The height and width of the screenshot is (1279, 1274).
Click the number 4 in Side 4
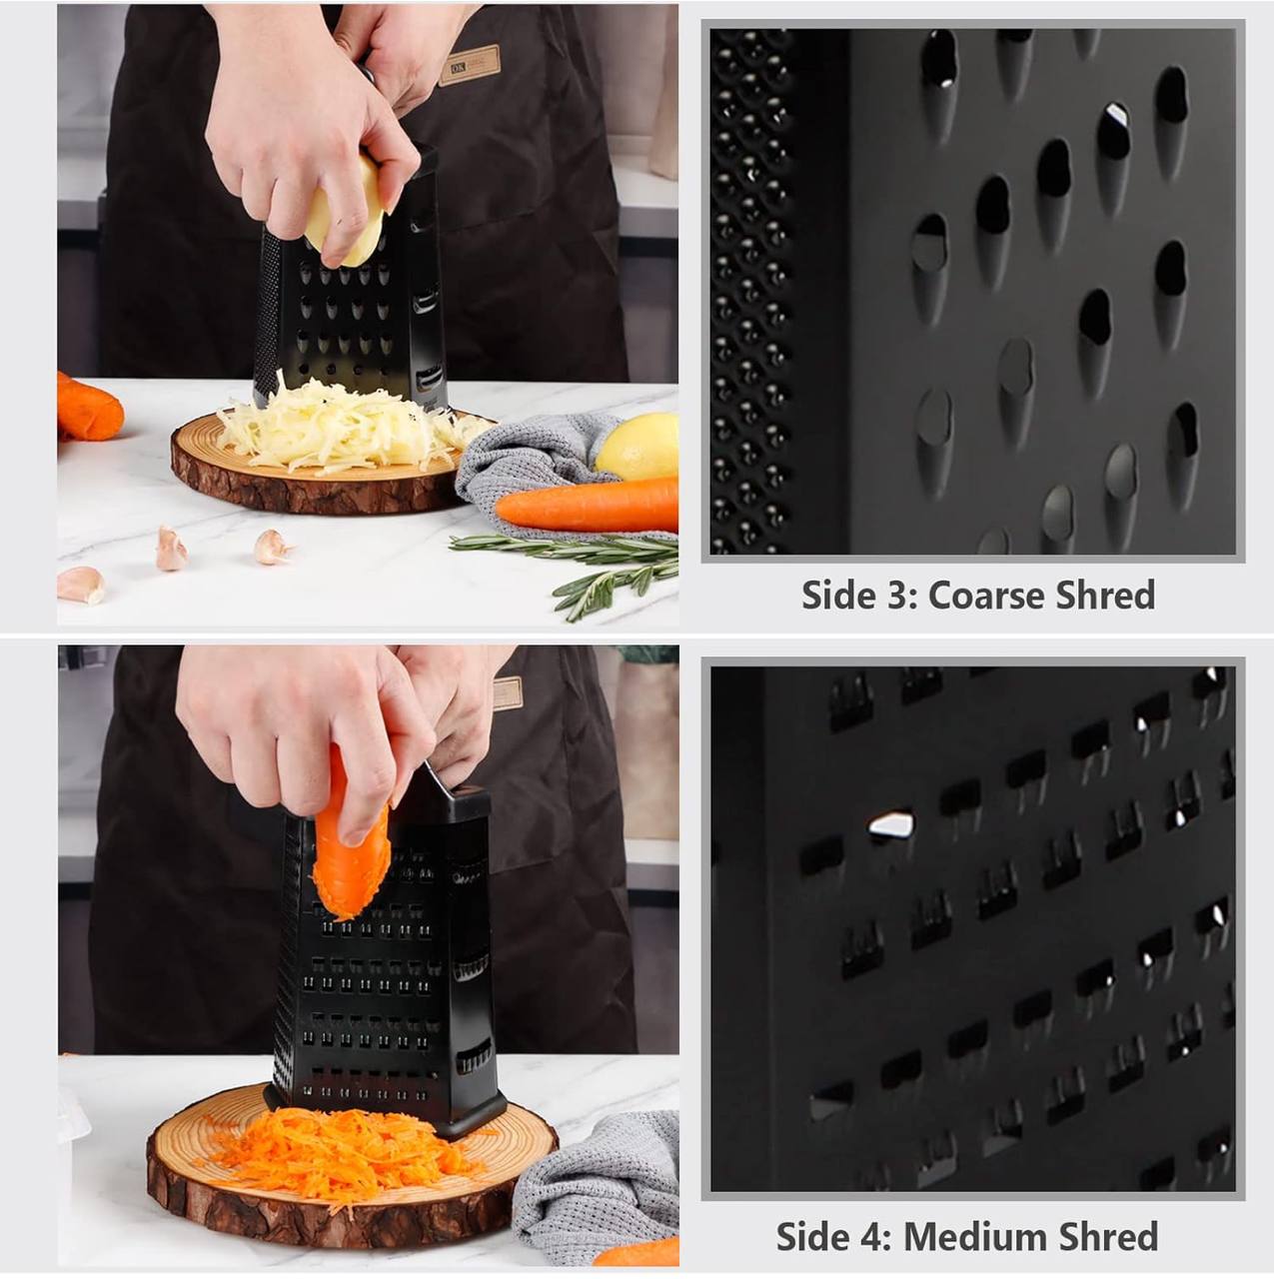click(876, 1237)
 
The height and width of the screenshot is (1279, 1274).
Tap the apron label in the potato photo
click(469, 65)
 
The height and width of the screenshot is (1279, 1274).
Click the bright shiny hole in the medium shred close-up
click(890, 825)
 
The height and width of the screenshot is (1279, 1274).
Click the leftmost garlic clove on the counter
click(80, 585)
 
